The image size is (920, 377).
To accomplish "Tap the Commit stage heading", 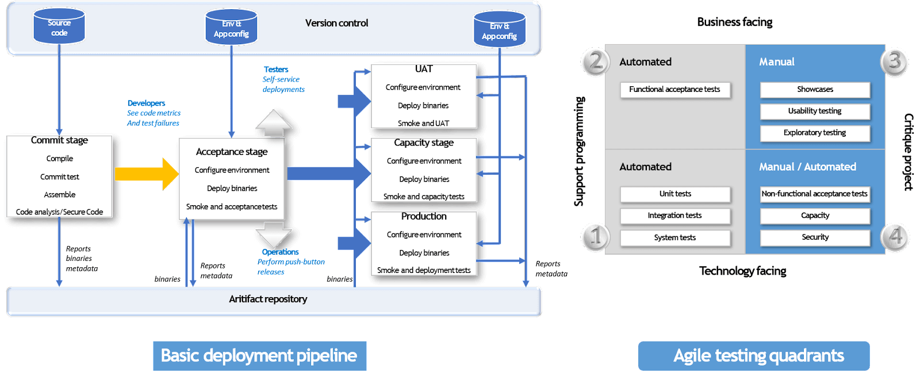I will [59, 140].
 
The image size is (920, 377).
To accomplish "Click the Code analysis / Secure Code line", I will [59, 212].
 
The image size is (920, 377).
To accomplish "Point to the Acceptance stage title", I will [232, 152].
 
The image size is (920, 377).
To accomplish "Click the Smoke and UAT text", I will [423, 124].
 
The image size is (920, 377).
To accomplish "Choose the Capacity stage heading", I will [424, 143].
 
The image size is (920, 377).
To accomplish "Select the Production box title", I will [424, 216].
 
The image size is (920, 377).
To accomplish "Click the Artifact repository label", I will [268, 299].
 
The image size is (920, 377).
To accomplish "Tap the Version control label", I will [336, 23].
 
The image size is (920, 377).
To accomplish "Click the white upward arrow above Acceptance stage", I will [274, 122].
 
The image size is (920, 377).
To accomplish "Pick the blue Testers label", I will [276, 70].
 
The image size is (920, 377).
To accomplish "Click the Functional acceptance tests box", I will [674, 90].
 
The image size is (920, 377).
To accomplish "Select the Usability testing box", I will [815, 111].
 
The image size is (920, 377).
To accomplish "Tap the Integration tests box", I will [674, 216].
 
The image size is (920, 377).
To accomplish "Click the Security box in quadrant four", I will [815, 237].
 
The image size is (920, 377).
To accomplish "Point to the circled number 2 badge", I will [596, 61].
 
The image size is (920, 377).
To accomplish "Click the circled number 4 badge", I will [895, 236].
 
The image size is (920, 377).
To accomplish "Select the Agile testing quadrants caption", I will [758, 356].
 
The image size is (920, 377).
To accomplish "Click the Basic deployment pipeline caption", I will [259, 356].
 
